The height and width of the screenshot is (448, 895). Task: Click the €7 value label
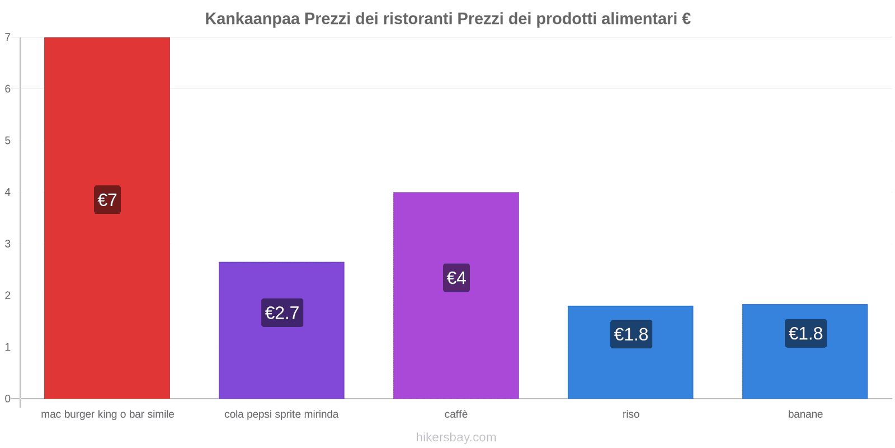(x=107, y=200)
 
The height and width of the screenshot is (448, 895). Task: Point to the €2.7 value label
(x=282, y=312)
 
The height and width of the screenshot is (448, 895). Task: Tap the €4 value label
(x=456, y=278)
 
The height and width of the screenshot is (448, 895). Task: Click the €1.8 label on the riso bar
(x=631, y=334)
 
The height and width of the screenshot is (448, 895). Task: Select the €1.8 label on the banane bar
(x=805, y=333)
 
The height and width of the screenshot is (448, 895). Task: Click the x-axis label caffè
(x=456, y=414)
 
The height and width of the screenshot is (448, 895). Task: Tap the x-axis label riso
(x=630, y=414)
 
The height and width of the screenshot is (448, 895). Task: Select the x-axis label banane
(x=805, y=414)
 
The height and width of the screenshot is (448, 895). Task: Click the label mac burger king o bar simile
(x=107, y=414)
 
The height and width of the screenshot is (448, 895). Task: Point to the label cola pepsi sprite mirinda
(x=281, y=414)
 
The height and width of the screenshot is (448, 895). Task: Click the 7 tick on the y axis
(x=8, y=38)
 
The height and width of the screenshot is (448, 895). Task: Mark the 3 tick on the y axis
(x=8, y=244)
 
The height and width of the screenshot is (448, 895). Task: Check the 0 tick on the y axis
(x=8, y=399)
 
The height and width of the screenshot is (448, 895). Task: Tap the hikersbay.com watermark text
(x=456, y=437)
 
